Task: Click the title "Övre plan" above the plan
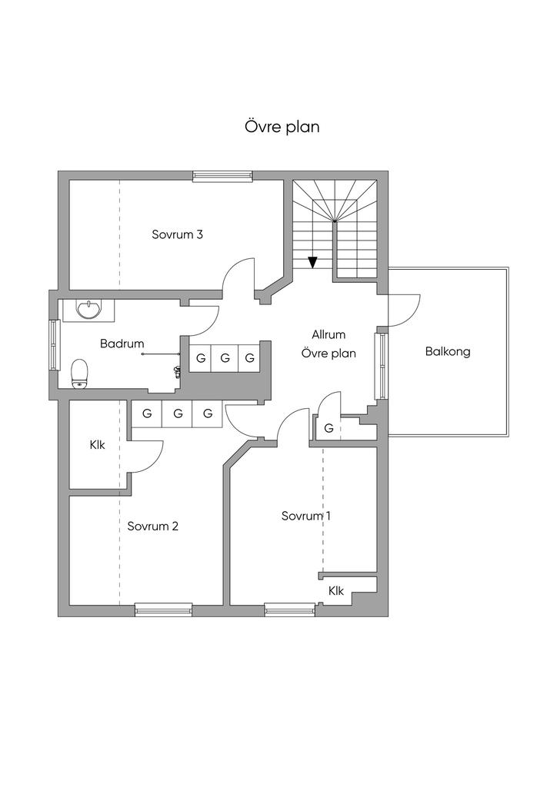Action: point(282,127)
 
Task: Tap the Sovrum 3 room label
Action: point(177,234)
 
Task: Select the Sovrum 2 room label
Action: point(152,526)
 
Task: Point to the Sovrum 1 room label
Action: point(306,516)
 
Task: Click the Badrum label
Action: point(122,344)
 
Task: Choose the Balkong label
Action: point(448,351)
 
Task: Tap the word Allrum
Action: point(329,334)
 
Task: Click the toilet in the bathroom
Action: point(80,374)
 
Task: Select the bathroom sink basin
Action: point(90,309)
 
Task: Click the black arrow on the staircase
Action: point(313,262)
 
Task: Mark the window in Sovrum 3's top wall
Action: point(222,175)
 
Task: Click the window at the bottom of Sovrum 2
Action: point(163,610)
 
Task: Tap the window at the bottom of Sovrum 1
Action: point(290,610)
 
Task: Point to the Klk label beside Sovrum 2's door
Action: point(98,445)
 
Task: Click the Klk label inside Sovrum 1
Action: point(336,591)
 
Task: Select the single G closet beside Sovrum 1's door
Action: point(329,428)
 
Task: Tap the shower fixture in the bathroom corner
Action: point(176,371)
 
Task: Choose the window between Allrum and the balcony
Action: point(382,366)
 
